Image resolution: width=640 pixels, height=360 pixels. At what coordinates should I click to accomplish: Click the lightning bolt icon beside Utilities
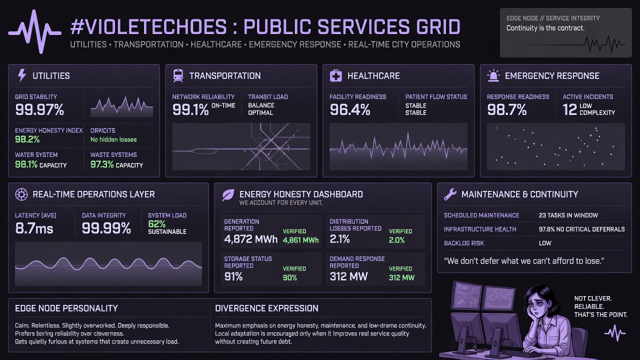(x=22, y=75)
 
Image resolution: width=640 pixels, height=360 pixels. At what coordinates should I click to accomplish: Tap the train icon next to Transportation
(x=178, y=75)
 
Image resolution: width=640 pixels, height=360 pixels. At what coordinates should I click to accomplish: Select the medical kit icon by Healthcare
(x=335, y=75)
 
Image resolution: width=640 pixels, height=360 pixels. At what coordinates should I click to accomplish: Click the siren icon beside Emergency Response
(x=493, y=75)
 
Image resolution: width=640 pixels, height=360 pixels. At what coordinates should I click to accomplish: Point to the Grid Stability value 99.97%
(x=39, y=109)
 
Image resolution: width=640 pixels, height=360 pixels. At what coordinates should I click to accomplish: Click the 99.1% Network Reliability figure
(x=190, y=109)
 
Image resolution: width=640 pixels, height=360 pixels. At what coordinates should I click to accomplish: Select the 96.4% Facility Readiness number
(x=350, y=109)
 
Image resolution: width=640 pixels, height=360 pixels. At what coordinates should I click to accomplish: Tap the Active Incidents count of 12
(x=569, y=109)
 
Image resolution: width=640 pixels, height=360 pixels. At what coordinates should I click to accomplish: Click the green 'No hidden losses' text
(x=113, y=139)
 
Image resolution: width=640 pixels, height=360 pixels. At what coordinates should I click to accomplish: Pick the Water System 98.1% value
(x=26, y=164)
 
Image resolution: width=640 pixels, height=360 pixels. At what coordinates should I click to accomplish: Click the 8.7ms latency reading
(x=34, y=228)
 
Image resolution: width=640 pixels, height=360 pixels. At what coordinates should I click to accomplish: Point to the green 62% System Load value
(x=157, y=223)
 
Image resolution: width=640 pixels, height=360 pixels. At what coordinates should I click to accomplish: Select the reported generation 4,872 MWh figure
(x=251, y=239)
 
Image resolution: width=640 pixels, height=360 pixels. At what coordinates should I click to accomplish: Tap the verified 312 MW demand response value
(x=401, y=277)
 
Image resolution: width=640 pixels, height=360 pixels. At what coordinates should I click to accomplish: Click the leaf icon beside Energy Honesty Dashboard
(x=228, y=195)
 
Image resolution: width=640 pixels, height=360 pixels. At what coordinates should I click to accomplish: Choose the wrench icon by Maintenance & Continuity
(x=450, y=194)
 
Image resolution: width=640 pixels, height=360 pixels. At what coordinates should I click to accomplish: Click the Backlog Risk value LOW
(x=545, y=243)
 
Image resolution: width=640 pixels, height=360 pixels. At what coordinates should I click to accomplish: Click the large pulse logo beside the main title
(x=34, y=31)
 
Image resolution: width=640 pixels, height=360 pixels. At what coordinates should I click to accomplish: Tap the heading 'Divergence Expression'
(x=266, y=308)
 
